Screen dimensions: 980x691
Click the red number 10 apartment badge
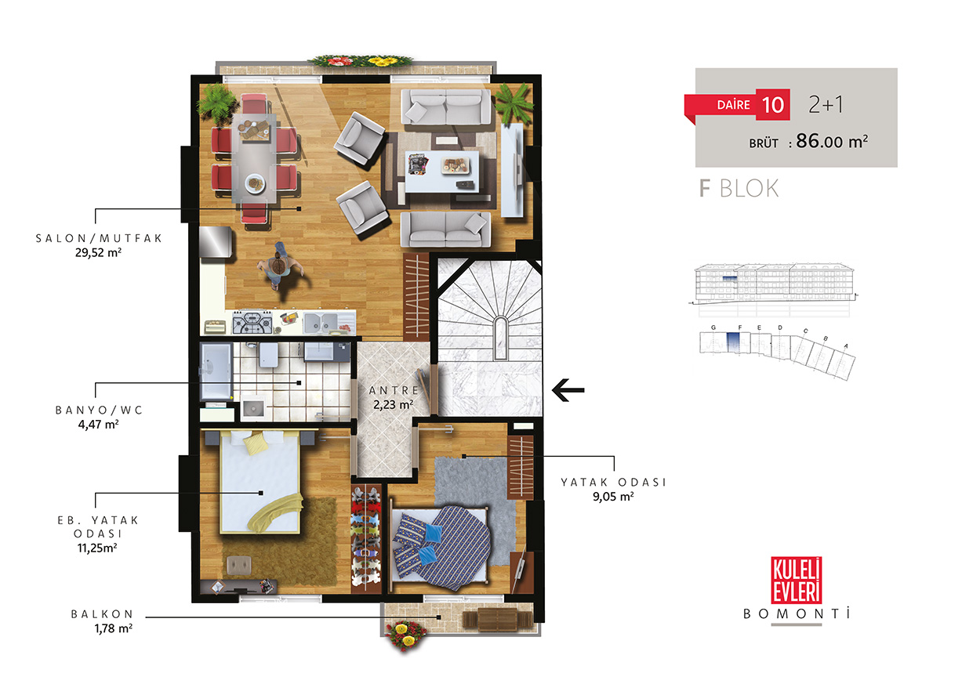pyautogui.click(x=772, y=105)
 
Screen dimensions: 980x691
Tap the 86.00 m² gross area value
pyautogui.click(x=832, y=141)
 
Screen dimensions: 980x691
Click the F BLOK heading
pyautogui.click(x=739, y=188)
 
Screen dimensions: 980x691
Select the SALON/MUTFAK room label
pyautogui.click(x=99, y=238)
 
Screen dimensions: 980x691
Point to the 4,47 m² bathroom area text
pyautogui.click(x=99, y=425)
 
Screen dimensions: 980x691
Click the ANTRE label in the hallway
pyautogui.click(x=394, y=390)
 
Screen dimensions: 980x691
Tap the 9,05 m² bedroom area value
pyautogui.click(x=613, y=497)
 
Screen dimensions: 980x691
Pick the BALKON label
pyautogui.click(x=103, y=614)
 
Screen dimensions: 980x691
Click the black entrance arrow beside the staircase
pyautogui.click(x=568, y=390)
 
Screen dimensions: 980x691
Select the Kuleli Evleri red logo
pyautogui.click(x=797, y=580)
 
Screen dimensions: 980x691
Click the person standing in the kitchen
pyautogui.click(x=278, y=266)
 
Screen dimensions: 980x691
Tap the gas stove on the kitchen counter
pyautogui.click(x=252, y=323)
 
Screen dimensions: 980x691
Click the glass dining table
pyautogui.click(x=254, y=158)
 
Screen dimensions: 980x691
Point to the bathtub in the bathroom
pyautogui.click(x=216, y=371)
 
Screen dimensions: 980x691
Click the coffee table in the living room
pyautogui.click(x=442, y=172)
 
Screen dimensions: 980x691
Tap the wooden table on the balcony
pyautogui.click(x=498, y=620)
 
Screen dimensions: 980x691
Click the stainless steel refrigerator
pyautogui.click(x=216, y=242)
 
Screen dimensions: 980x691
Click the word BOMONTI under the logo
pyautogui.click(x=797, y=614)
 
